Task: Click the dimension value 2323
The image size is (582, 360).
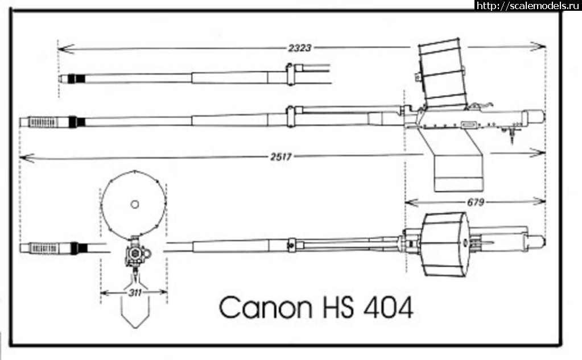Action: tap(299, 48)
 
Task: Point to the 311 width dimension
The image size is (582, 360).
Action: tap(134, 293)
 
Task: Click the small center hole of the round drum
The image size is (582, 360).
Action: tap(134, 204)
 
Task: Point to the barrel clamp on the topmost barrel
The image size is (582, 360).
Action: tap(291, 74)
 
